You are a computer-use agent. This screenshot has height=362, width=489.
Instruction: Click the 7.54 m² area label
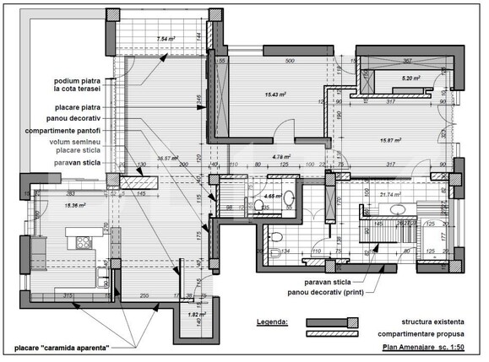[166, 39]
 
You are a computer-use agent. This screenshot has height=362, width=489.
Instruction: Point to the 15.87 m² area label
[389, 141]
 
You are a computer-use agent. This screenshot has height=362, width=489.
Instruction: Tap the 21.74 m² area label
[391, 196]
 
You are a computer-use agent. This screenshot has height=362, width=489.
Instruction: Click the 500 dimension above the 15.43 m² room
[288, 62]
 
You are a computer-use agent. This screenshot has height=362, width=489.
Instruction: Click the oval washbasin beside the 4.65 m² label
[288, 197]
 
